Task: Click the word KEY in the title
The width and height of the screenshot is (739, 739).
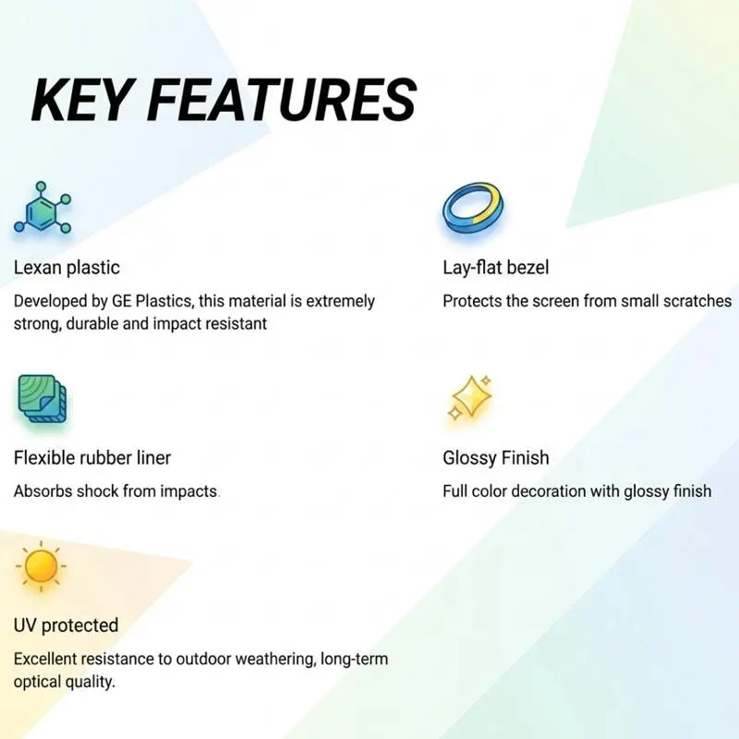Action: [x=80, y=101]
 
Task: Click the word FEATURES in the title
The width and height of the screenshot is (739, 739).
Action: [x=282, y=101]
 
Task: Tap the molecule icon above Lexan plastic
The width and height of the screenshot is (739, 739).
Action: [x=42, y=207]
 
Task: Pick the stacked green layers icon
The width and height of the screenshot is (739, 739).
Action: [x=42, y=399]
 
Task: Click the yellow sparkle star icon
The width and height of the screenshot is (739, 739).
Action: [x=469, y=397]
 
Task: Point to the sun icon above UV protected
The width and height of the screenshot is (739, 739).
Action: [x=41, y=566]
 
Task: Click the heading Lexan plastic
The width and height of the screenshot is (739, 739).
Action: [x=67, y=268]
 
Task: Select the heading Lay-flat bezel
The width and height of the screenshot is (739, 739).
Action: [x=496, y=268]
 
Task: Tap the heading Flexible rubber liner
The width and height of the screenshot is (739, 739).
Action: [x=91, y=457]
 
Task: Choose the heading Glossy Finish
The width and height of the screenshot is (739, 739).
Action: [x=496, y=458]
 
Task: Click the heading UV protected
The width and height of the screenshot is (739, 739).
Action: [x=66, y=625]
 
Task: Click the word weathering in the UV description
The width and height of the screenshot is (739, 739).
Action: [x=274, y=659]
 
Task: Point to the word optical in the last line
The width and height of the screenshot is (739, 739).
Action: [x=36, y=682]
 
